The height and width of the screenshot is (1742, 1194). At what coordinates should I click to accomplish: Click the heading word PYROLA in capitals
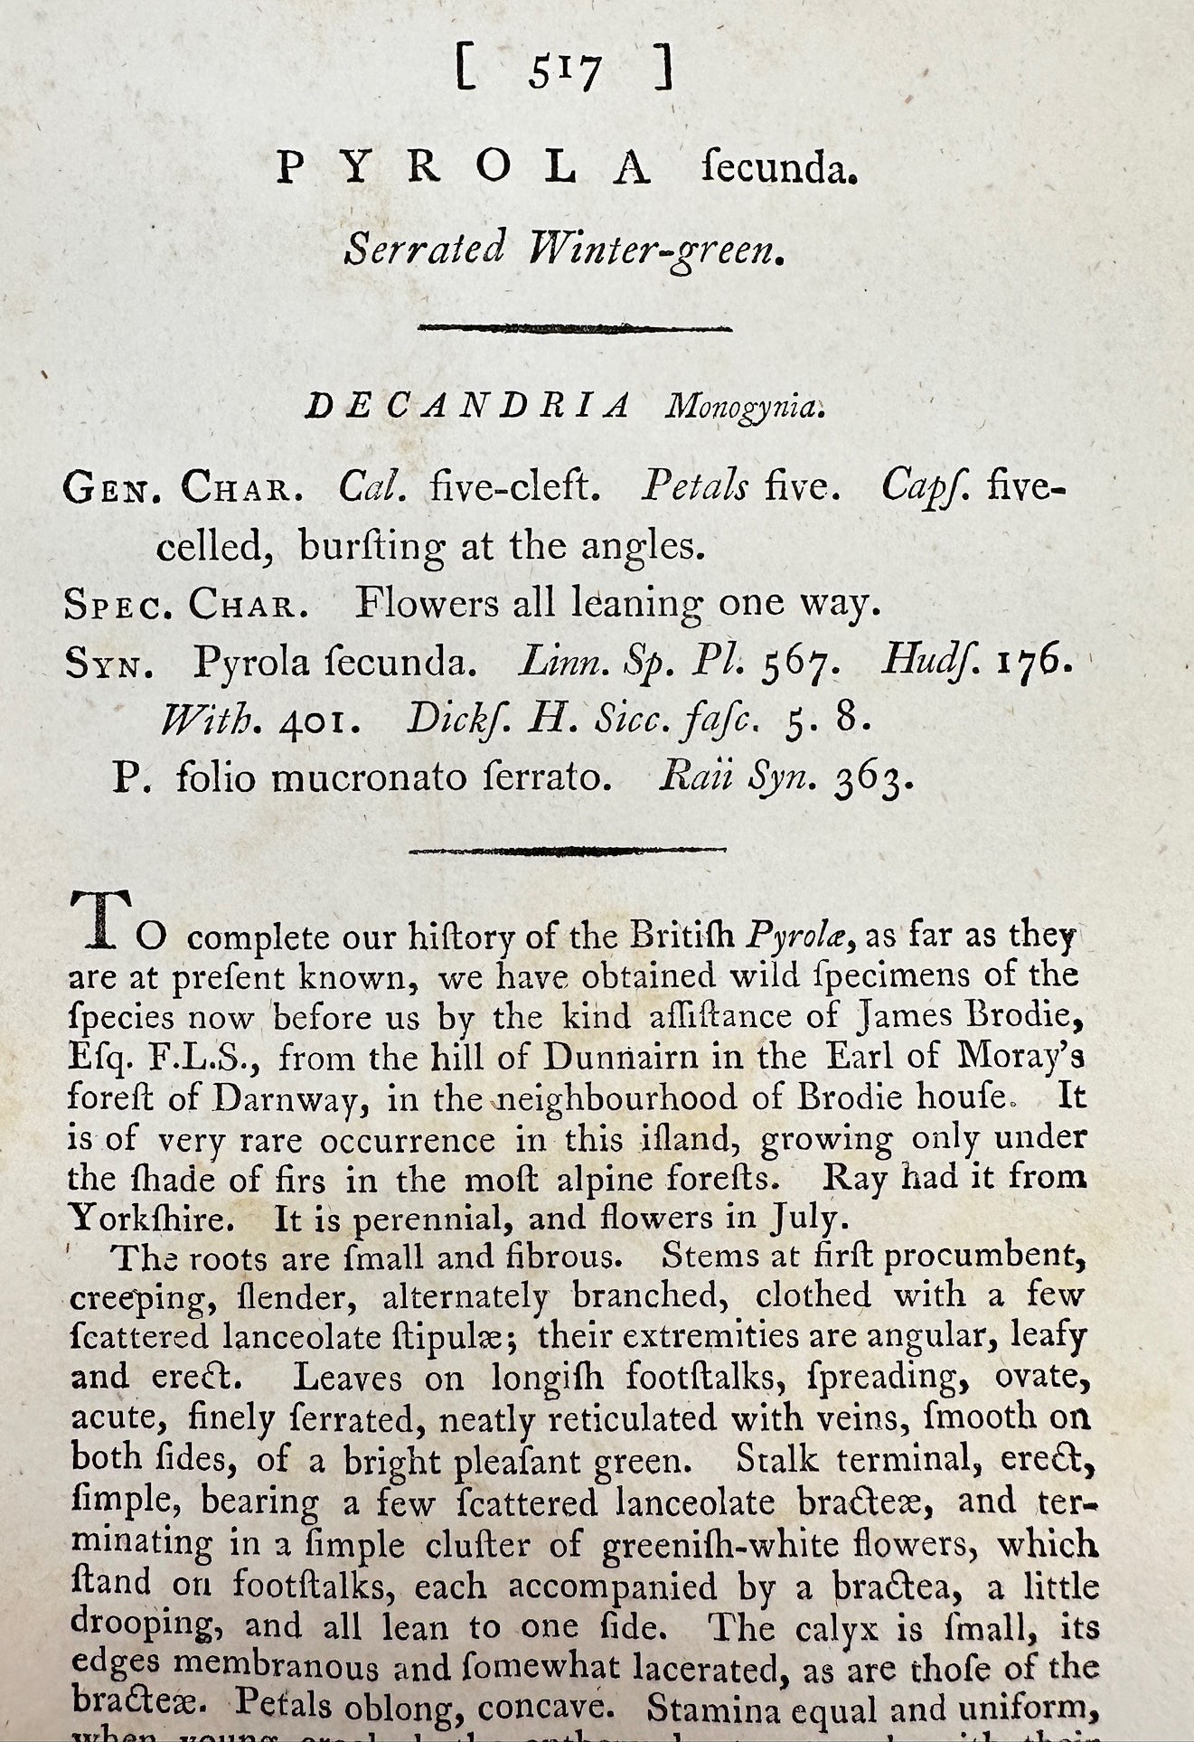coord(463,169)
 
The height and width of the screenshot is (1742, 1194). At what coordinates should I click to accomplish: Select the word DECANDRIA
coord(466,408)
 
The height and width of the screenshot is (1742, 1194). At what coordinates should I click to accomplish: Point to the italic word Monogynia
coord(743,409)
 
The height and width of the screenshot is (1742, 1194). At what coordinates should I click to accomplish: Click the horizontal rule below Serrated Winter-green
coord(575,329)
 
